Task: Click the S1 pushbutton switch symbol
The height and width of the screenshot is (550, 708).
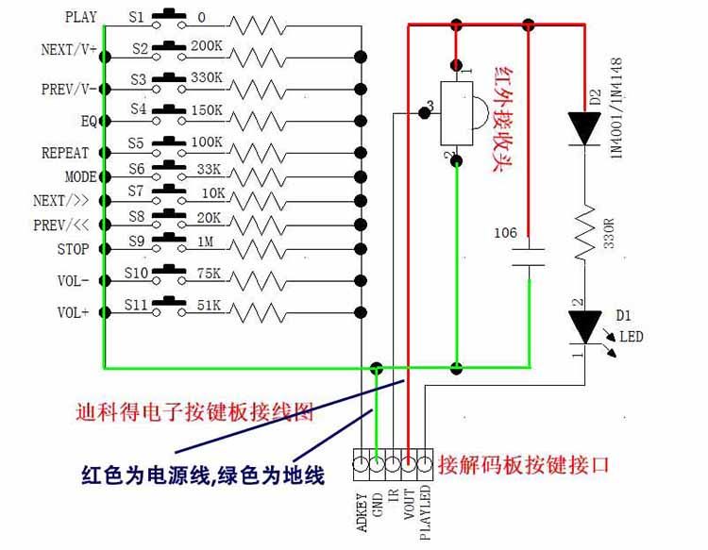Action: [x=169, y=20]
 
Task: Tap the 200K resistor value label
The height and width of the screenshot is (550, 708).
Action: [x=207, y=45]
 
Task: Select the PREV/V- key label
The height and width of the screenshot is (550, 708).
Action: [x=69, y=89]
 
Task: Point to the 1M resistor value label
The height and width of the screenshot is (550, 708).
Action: [x=206, y=242]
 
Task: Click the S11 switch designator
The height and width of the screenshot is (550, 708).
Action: [x=136, y=305]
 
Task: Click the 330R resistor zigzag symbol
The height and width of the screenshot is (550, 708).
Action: [x=584, y=232]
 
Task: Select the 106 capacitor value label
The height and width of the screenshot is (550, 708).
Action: [x=505, y=233]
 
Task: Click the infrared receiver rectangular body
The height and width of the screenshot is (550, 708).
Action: [x=457, y=113]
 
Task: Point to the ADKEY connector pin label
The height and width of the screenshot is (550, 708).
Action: [x=362, y=512]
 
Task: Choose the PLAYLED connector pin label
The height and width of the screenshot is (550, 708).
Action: [x=425, y=512]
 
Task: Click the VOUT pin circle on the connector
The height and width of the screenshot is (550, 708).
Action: [x=408, y=464]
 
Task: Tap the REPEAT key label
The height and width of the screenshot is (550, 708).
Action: [x=65, y=153]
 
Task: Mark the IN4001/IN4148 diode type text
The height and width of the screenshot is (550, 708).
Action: [x=616, y=108]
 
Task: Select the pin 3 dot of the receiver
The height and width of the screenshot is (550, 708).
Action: [x=424, y=113]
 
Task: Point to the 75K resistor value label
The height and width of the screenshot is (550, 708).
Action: [x=209, y=274]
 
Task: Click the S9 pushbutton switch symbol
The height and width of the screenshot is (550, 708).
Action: [x=169, y=242]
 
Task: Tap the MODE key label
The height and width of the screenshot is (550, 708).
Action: [x=81, y=176]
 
